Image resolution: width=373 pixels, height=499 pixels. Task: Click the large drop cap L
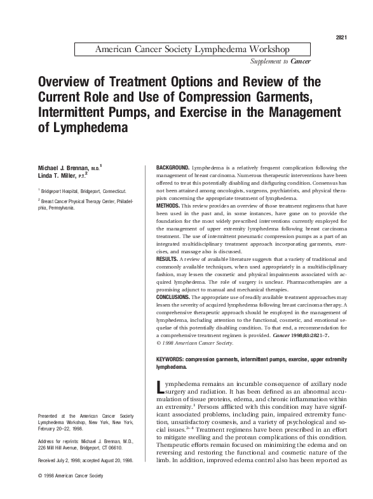[161, 389]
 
